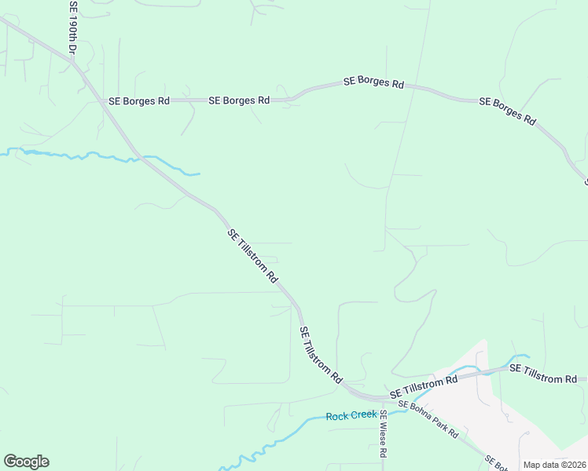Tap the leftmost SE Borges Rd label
[139, 101]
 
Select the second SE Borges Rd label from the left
[240, 100]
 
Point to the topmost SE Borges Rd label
[373, 82]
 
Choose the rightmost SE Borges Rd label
[507, 111]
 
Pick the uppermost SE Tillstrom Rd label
[253, 256]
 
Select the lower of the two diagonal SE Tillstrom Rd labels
[322, 356]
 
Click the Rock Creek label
[351, 415]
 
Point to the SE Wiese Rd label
[383, 433]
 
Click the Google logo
[26, 462]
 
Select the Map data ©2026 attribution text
[553, 465]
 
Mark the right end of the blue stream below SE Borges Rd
[199, 173]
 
